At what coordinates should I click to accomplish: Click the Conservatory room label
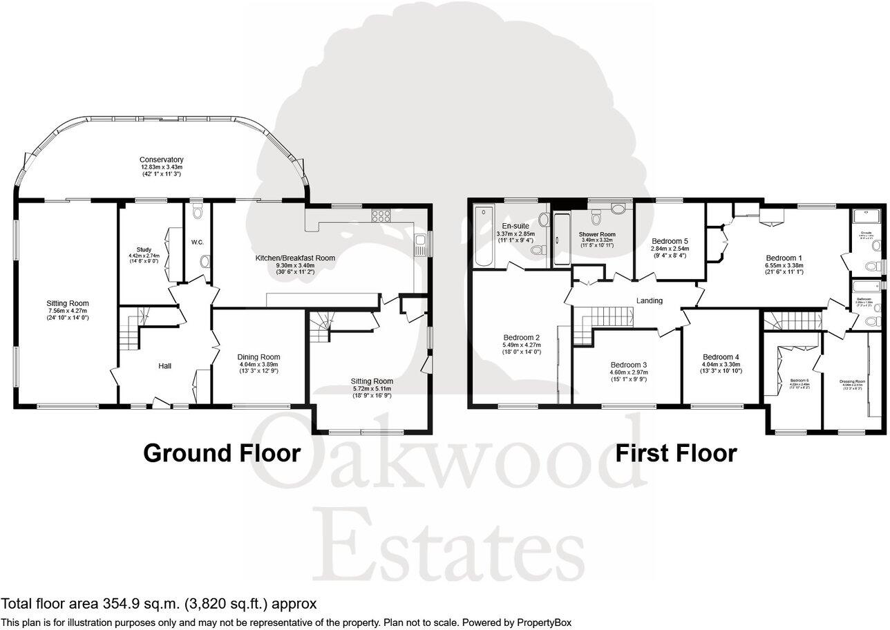pos(162,160)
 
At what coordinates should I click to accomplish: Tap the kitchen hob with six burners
pos(381,215)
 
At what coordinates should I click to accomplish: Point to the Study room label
pos(144,249)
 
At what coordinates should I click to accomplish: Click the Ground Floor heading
pos(221,453)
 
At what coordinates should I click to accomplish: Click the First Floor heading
pos(676,453)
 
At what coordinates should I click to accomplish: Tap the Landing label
pos(650,300)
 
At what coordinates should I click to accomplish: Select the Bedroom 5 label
pos(670,241)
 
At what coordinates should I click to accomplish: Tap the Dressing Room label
pos(852,381)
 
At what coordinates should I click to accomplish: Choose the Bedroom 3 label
pos(629,365)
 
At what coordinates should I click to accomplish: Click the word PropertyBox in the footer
pos(538,622)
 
